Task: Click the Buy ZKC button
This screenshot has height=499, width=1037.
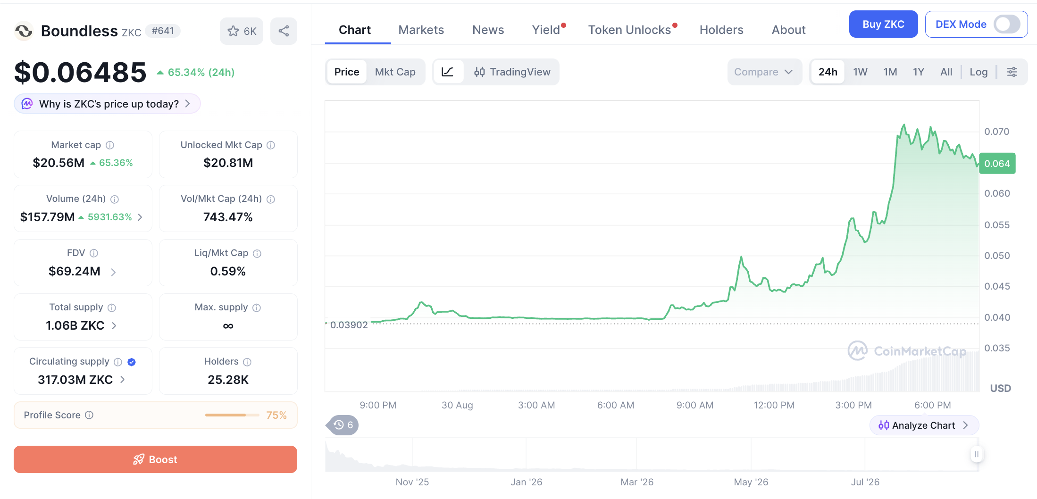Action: [x=883, y=24]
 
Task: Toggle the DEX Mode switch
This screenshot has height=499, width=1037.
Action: [x=1007, y=24]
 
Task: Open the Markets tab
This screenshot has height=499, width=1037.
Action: [x=421, y=30]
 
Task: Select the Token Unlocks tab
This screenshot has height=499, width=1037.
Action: [x=629, y=30]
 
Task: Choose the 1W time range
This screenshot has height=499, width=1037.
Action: [x=860, y=72]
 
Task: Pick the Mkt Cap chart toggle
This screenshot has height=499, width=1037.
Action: [x=395, y=72]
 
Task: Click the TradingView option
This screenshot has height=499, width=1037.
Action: [x=512, y=72]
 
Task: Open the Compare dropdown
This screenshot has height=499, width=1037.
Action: [x=764, y=72]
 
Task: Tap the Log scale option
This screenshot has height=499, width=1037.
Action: [x=978, y=72]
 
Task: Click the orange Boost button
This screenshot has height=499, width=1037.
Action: [x=155, y=459]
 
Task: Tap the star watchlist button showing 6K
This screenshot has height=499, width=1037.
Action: [x=242, y=31]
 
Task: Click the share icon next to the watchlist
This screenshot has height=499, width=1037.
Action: [x=284, y=31]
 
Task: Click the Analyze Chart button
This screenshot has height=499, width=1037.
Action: [x=924, y=425]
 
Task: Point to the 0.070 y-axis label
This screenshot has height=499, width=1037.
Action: [x=996, y=132]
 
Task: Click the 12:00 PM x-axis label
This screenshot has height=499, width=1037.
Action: [x=774, y=405]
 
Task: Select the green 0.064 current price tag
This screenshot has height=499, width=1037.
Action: [x=997, y=164]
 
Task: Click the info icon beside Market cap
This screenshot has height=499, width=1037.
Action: [x=110, y=145]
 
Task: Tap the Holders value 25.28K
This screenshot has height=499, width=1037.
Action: [x=228, y=380]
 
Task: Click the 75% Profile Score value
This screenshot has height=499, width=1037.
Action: [x=276, y=415]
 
